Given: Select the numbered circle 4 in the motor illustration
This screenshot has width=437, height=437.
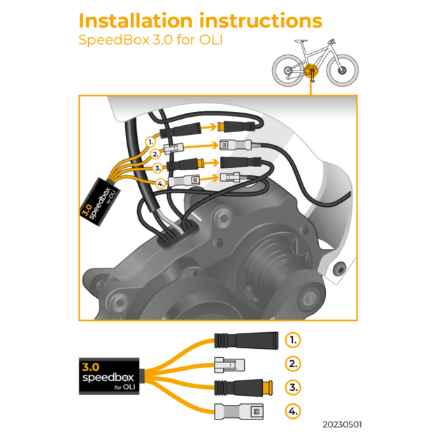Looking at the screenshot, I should [x=161, y=184].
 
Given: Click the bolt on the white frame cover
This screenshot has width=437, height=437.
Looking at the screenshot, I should [x=341, y=268].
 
